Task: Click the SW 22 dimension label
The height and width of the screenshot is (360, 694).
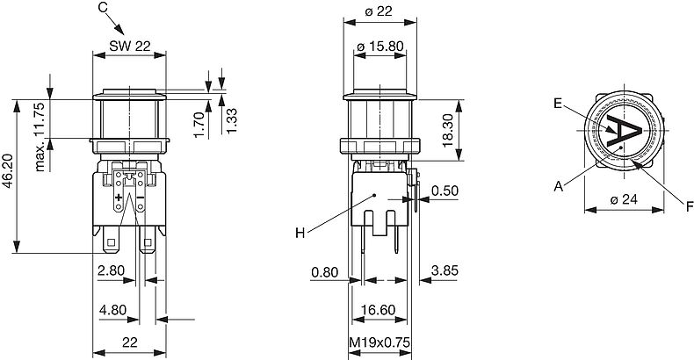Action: [x=130, y=46]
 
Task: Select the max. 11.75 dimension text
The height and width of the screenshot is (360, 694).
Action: [x=40, y=137]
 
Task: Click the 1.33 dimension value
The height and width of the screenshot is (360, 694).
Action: [x=231, y=120]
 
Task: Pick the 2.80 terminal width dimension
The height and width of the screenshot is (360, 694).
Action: [x=111, y=270]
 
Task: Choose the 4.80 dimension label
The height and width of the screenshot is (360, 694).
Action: [x=112, y=310]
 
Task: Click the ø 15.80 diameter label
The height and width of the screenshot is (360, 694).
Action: [x=380, y=46]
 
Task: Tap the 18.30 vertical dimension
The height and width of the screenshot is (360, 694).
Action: [x=447, y=130]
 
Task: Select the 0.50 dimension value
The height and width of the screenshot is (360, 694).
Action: [x=445, y=191]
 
